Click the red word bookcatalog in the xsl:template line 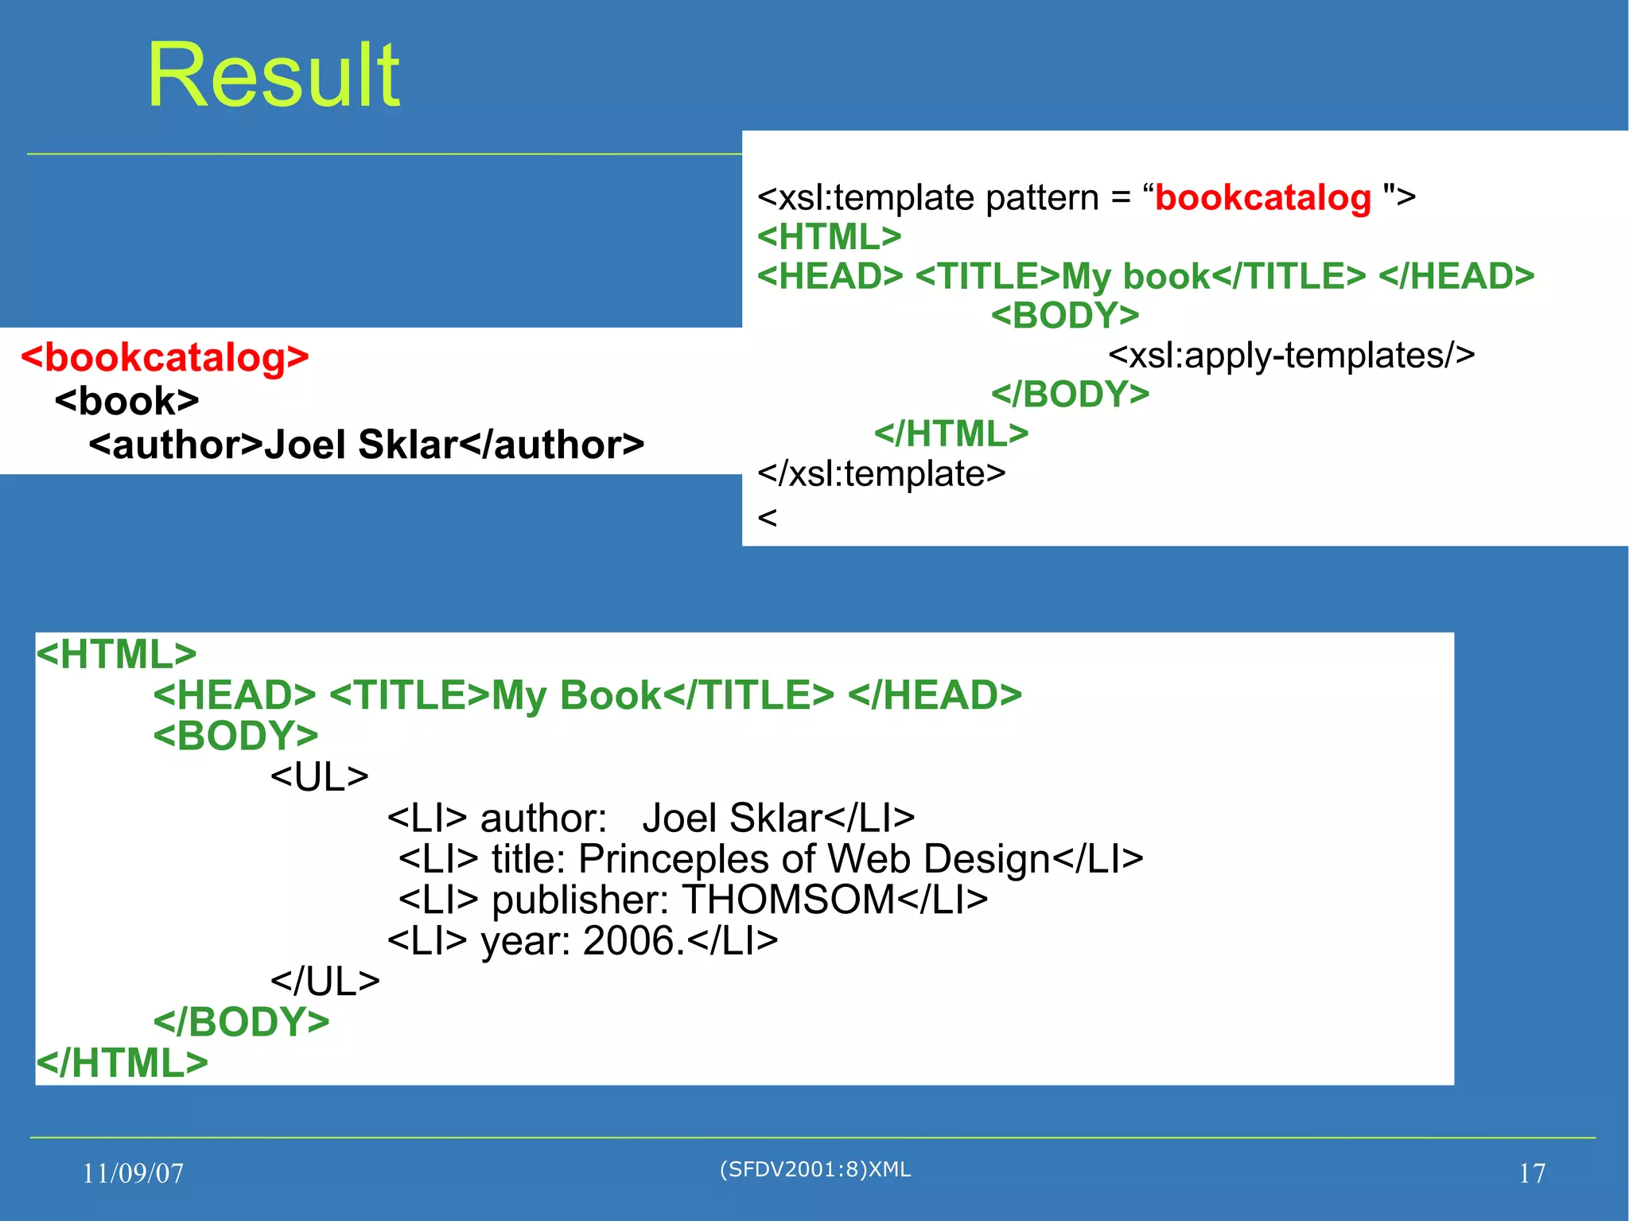pyautogui.click(x=1262, y=197)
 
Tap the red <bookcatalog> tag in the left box pyautogui.click(x=165, y=357)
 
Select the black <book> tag pyautogui.click(x=127, y=401)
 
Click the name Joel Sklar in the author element pyautogui.click(x=361, y=445)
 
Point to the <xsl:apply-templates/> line pyautogui.click(x=1291, y=355)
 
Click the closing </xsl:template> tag pyautogui.click(x=881, y=473)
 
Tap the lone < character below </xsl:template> pyautogui.click(x=767, y=518)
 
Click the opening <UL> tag pyautogui.click(x=319, y=776)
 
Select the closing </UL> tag pyautogui.click(x=325, y=981)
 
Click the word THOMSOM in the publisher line pyautogui.click(x=788, y=900)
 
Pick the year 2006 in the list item pyautogui.click(x=628, y=941)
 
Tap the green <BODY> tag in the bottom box pyautogui.click(x=235, y=735)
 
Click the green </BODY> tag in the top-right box pyautogui.click(x=1070, y=395)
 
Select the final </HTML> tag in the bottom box pyautogui.click(x=122, y=1063)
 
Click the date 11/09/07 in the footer pyautogui.click(x=133, y=1173)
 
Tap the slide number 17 pyautogui.click(x=1532, y=1173)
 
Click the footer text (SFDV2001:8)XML pyautogui.click(x=815, y=1169)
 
